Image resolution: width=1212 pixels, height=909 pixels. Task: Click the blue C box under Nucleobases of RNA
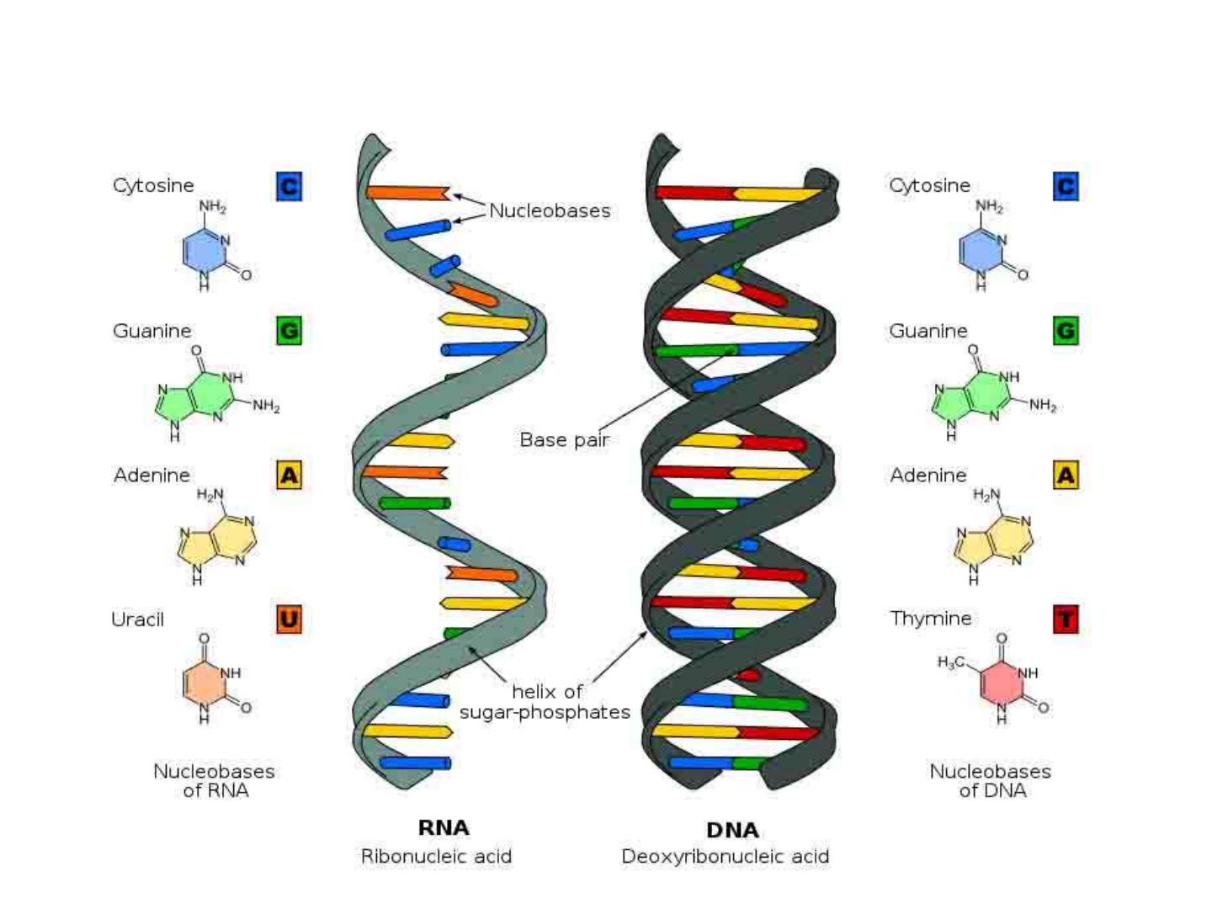(x=289, y=186)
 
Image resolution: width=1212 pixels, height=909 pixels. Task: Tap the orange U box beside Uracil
(x=289, y=619)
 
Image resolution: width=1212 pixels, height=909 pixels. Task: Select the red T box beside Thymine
(x=1066, y=619)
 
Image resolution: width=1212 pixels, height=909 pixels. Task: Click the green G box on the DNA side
(x=1066, y=331)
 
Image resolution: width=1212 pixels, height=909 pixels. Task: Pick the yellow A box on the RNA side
(x=289, y=476)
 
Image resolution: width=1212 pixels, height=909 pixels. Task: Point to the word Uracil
(x=138, y=619)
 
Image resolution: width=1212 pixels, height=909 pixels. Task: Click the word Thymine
(x=931, y=619)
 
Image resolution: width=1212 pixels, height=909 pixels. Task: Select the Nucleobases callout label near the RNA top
(x=550, y=210)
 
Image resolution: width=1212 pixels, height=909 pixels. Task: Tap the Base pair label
(x=564, y=439)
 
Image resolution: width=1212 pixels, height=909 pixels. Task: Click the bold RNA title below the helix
(x=444, y=828)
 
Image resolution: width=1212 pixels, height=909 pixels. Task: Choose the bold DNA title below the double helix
(x=732, y=830)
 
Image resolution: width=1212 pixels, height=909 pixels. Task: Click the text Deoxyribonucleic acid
(x=726, y=857)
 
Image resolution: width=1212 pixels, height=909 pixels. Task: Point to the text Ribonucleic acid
(x=436, y=857)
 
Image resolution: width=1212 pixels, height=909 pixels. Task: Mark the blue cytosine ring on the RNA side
(x=203, y=251)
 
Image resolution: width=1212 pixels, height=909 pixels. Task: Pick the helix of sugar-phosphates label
(x=545, y=702)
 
